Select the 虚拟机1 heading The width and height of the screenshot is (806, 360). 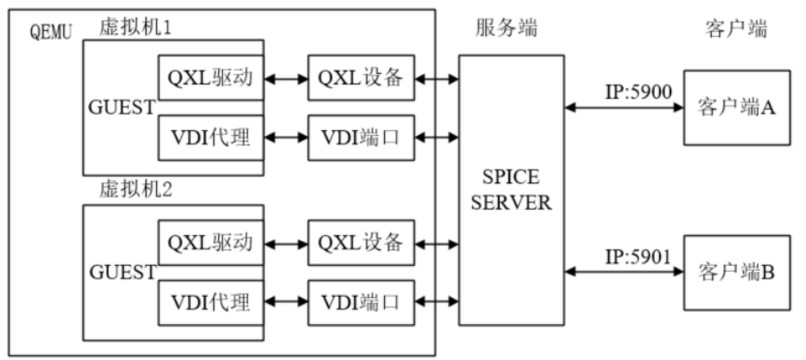(x=135, y=26)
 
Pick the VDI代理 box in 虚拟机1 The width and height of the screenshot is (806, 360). (x=210, y=137)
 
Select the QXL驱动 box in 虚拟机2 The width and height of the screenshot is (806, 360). (x=210, y=241)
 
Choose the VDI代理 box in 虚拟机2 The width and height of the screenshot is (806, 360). (x=210, y=300)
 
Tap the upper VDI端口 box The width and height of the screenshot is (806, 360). (x=361, y=137)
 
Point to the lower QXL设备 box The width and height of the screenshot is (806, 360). (x=361, y=241)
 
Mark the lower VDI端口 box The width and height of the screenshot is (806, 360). (x=361, y=300)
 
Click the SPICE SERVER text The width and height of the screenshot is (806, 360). (x=510, y=192)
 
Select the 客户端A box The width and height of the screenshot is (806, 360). (x=736, y=107)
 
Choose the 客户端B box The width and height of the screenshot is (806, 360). (x=736, y=272)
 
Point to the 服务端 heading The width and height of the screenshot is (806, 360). (x=506, y=27)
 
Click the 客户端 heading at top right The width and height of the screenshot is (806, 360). (x=736, y=27)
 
